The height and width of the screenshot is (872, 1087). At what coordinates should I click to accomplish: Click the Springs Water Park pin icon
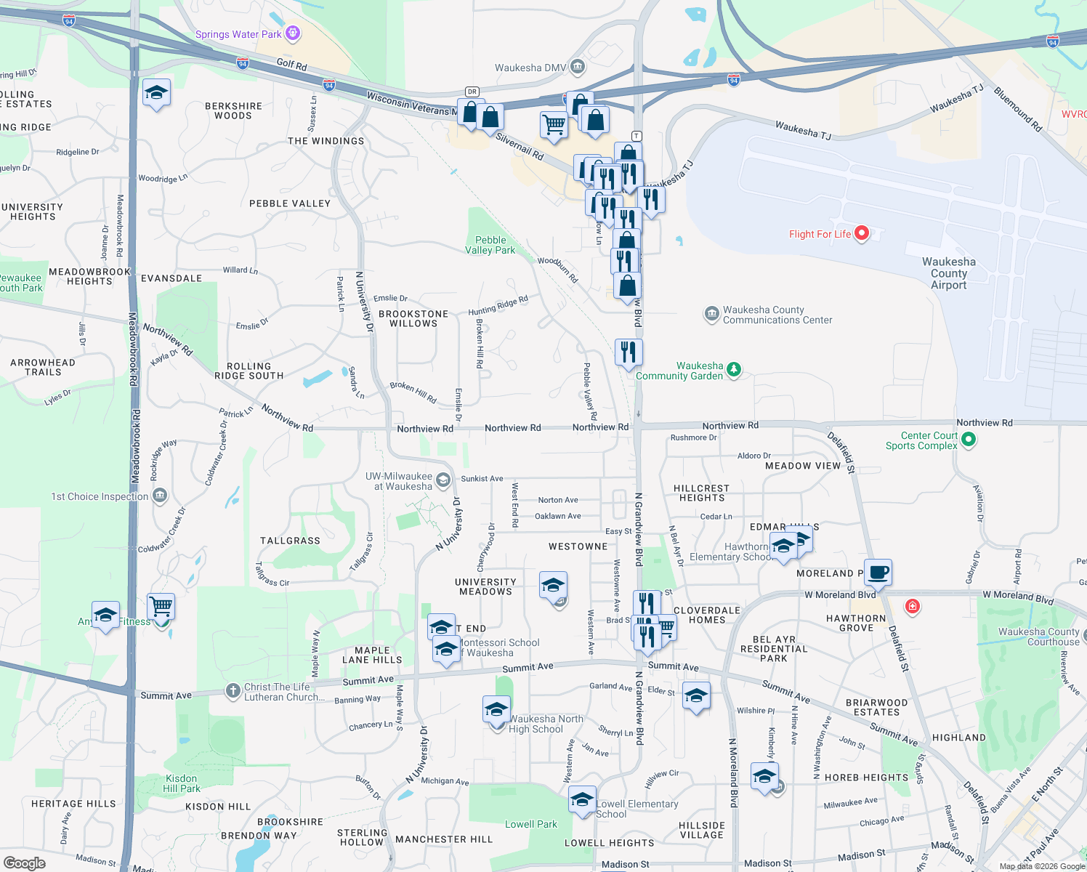293,33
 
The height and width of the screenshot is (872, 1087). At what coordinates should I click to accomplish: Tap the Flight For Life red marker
862,233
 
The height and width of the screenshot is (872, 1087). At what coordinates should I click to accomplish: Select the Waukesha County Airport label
948,273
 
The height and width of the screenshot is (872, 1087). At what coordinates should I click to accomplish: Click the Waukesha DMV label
530,68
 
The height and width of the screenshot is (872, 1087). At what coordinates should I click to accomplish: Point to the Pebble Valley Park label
490,245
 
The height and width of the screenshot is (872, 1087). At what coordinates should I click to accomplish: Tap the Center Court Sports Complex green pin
969,440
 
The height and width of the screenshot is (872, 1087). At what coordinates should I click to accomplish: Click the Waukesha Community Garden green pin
734,370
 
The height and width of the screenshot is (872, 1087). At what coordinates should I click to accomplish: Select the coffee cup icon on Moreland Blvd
878,572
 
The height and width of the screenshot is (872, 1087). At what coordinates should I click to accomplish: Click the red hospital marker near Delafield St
913,606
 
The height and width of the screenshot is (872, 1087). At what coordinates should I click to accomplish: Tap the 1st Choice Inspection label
100,496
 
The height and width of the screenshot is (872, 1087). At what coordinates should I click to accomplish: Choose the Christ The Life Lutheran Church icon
233,691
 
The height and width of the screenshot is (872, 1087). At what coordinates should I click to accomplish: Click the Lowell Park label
531,824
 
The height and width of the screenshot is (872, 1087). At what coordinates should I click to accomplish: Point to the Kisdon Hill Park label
181,783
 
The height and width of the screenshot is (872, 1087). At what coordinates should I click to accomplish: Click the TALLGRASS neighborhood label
290,541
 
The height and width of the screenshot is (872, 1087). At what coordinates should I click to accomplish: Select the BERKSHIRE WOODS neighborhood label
233,110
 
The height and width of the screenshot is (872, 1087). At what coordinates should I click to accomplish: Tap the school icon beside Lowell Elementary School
582,800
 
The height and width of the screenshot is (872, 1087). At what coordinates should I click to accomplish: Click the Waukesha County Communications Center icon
711,314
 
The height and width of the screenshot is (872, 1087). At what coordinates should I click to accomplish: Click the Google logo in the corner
25,863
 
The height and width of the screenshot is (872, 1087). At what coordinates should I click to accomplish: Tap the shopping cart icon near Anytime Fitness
161,605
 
